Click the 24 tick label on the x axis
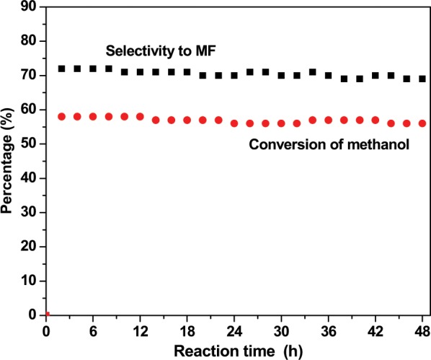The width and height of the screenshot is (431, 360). (234, 330)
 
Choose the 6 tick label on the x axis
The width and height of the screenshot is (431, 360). (93, 330)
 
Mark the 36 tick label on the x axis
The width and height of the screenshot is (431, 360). (328, 330)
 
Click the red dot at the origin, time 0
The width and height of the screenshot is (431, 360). (46, 315)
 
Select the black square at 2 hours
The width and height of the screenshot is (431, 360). (62, 69)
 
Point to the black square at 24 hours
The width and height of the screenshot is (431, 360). (234, 75)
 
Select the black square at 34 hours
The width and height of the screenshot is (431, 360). (313, 72)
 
